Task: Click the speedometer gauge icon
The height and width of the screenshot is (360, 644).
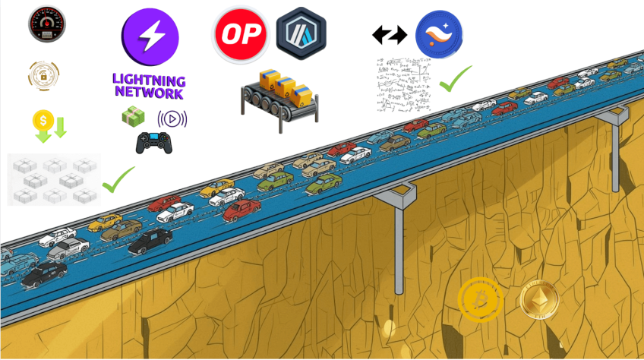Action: [46, 25]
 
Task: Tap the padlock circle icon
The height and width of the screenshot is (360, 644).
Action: [43, 75]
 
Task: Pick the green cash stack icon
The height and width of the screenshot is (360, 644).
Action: [133, 117]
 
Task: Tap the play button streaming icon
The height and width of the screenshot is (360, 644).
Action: [172, 119]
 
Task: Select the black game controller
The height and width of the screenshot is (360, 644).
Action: [153, 143]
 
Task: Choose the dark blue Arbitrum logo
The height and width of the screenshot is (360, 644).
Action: [301, 34]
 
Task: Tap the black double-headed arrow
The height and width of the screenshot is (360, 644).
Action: [390, 35]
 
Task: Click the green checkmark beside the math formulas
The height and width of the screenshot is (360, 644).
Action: [456, 78]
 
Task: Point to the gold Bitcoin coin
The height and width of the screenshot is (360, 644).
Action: [480, 300]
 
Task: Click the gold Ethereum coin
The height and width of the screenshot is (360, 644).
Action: [539, 299]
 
